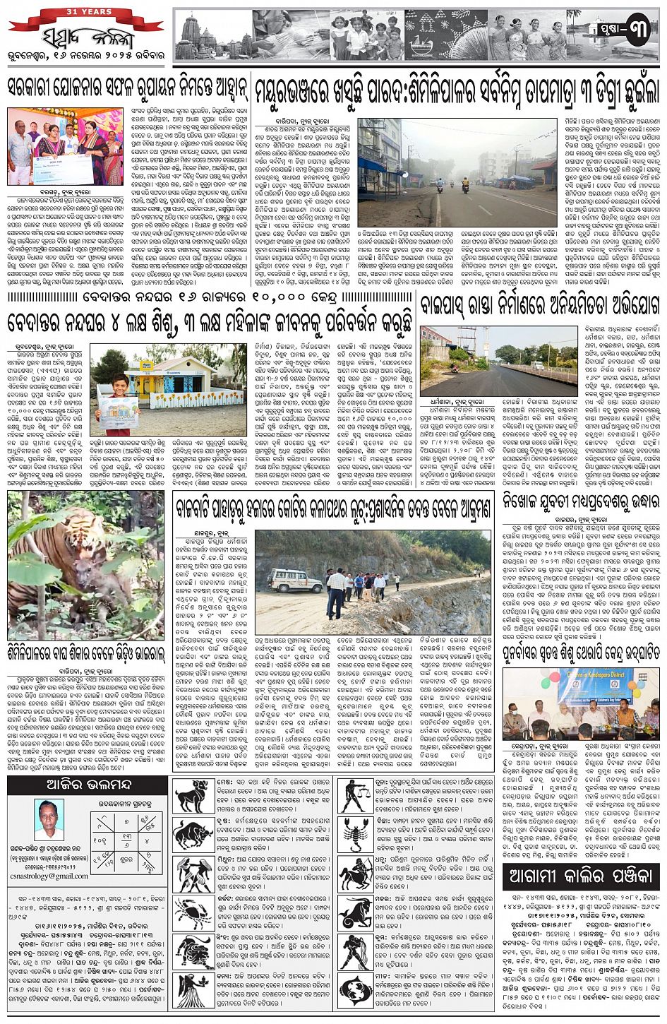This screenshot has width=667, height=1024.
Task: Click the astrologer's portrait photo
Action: pyautogui.click(x=49, y=819)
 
